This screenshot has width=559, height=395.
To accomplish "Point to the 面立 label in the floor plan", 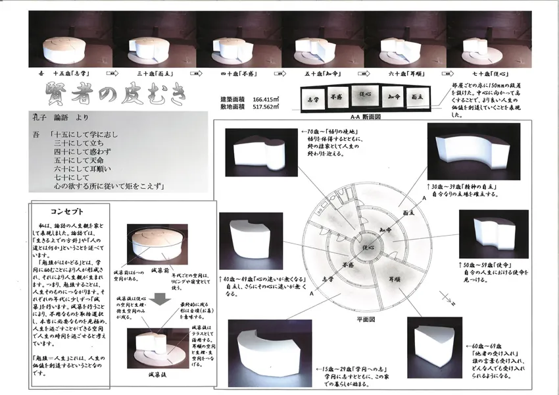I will [x=408, y=213].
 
